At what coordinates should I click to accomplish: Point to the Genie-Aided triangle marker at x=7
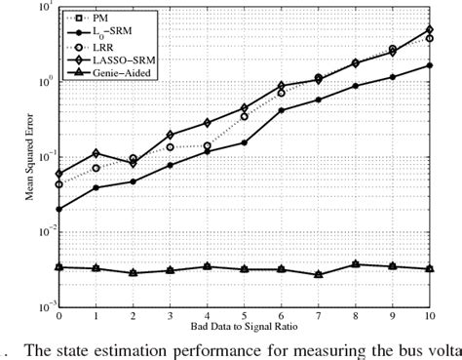click(x=319, y=275)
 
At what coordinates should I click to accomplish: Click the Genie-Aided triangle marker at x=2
click(x=134, y=273)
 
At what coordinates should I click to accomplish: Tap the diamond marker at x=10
click(x=430, y=29)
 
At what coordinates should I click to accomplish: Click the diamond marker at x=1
click(x=96, y=153)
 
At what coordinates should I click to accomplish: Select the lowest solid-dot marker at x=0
click(x=59, y=209)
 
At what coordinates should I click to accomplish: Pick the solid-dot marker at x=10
click(x=430, y=65)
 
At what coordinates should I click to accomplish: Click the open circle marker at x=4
click(x=208, y=145)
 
